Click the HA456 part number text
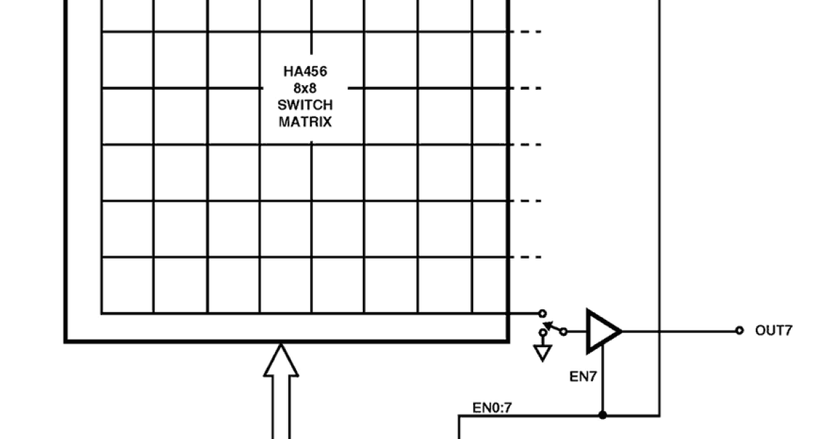pyautogui.click(x=305, y=72)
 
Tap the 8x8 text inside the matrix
pyautogui.click(x=305, y=88)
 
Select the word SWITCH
pyautogui.click(x=305, y=105)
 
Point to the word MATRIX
pyautogui.click(x=305, y=122)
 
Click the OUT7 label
pyautogui.click(x=773, y=330)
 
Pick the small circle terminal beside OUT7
pyautogui.click(x=739, y=330)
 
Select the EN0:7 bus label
pyautogui.click(x=492, y=408)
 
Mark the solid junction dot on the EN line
pyautogui.click(x=603, y=416)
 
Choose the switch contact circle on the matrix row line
pyautogui.click(x=543, y=314)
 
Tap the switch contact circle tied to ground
pyautogui.click(x=543, y=333)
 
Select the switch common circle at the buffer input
pyautogui.click(x=564, y=331)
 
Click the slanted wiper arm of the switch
pyautogui.click(x=553, y=326)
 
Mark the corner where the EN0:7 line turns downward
pyautogui.click(x=459, y=417)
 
